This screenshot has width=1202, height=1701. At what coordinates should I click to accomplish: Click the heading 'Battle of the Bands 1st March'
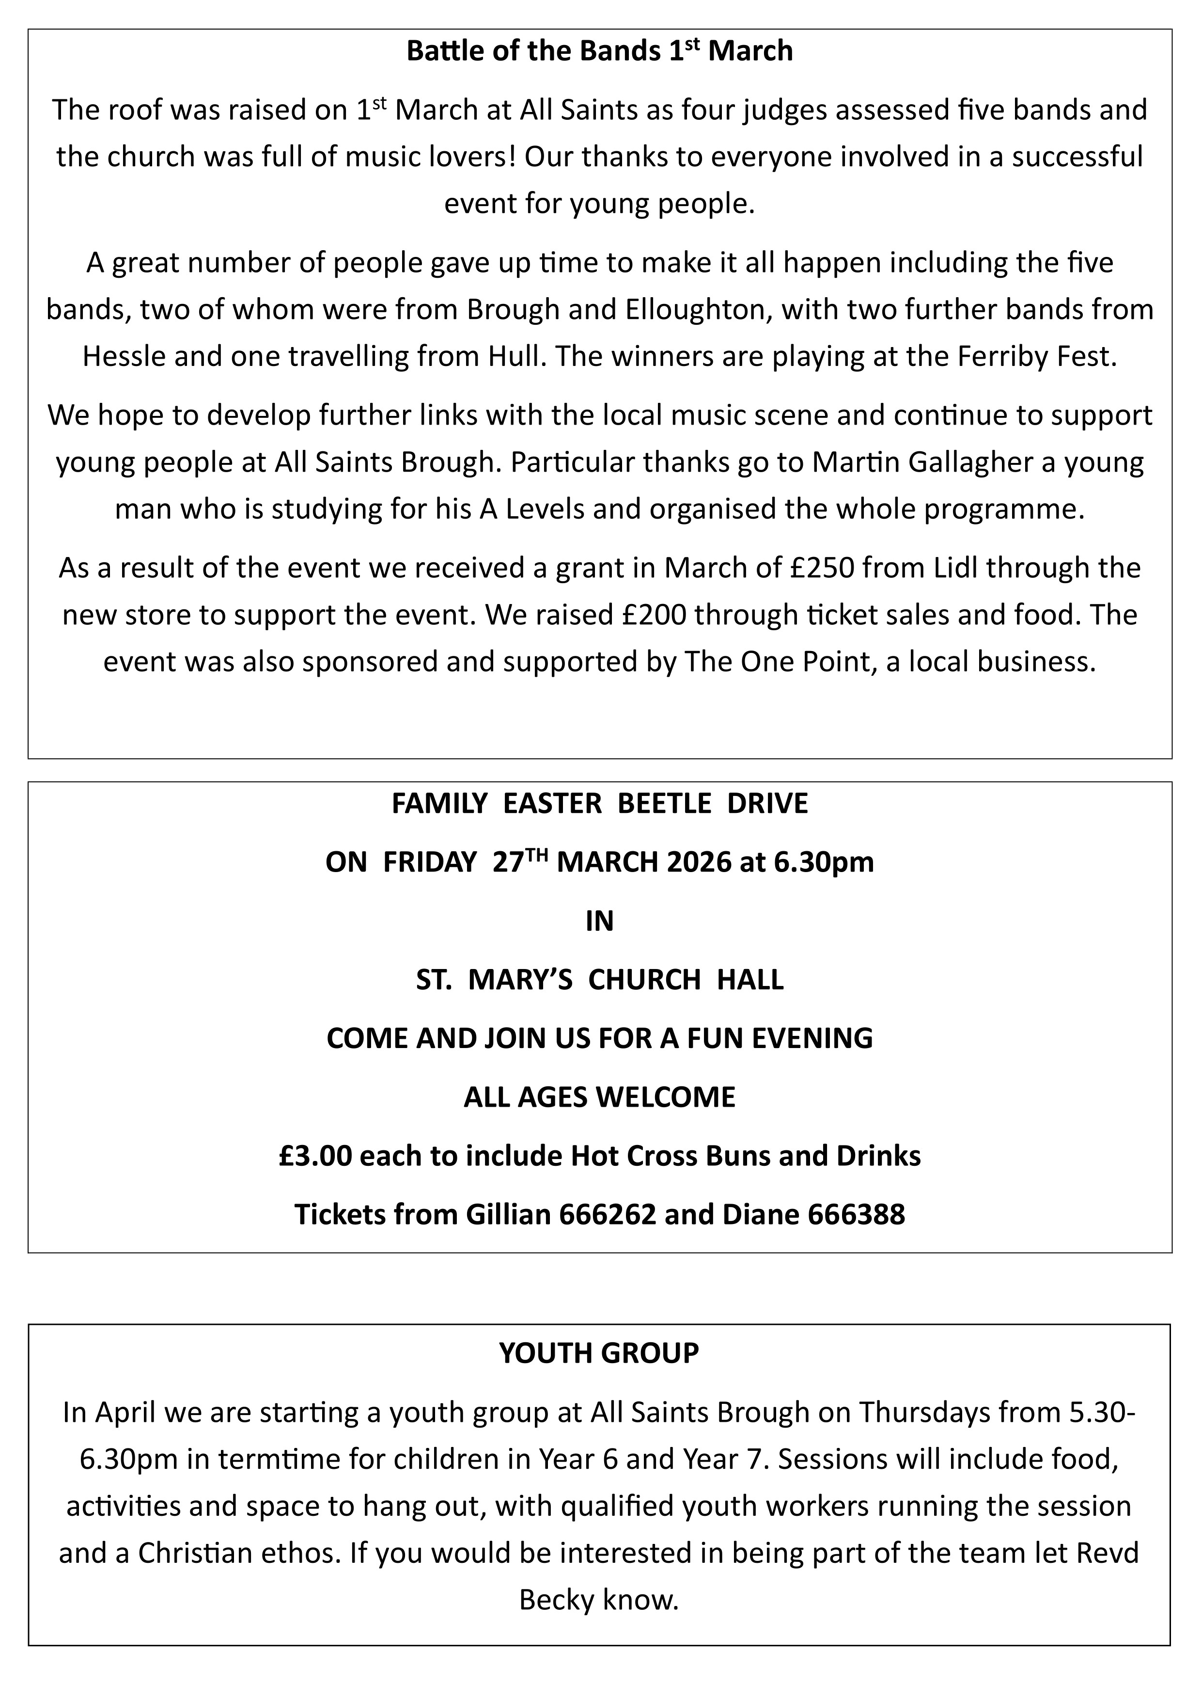(600, 51)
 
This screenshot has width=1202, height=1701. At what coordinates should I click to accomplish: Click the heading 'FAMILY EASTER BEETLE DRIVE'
(600, 804)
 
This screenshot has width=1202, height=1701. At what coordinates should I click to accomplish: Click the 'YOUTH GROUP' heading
(598, 1353)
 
